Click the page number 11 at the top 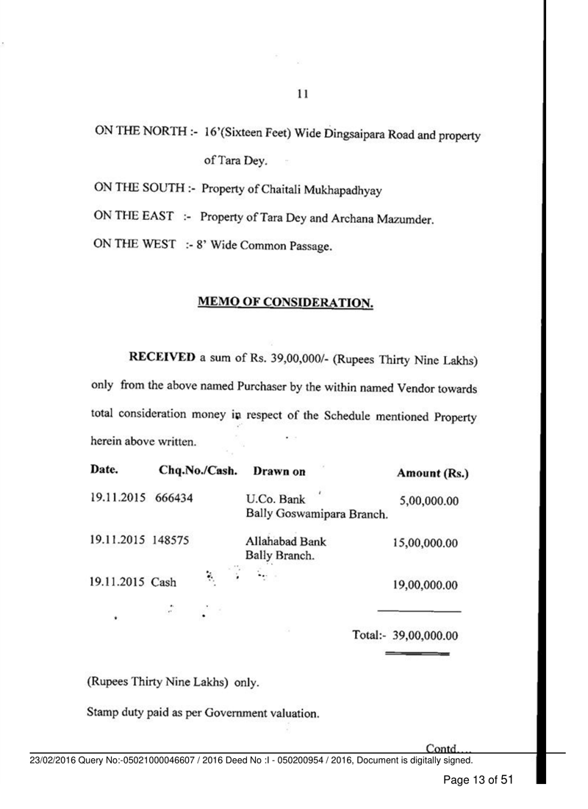(x=301, y=94)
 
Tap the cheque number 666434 (x=174, y=499)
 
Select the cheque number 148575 (x=170, y=544)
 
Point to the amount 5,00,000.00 (x=429, y=501)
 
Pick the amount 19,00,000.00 (x=426, y=586)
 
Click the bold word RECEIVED (x=162, y=358)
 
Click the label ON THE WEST (x=132, y=246)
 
